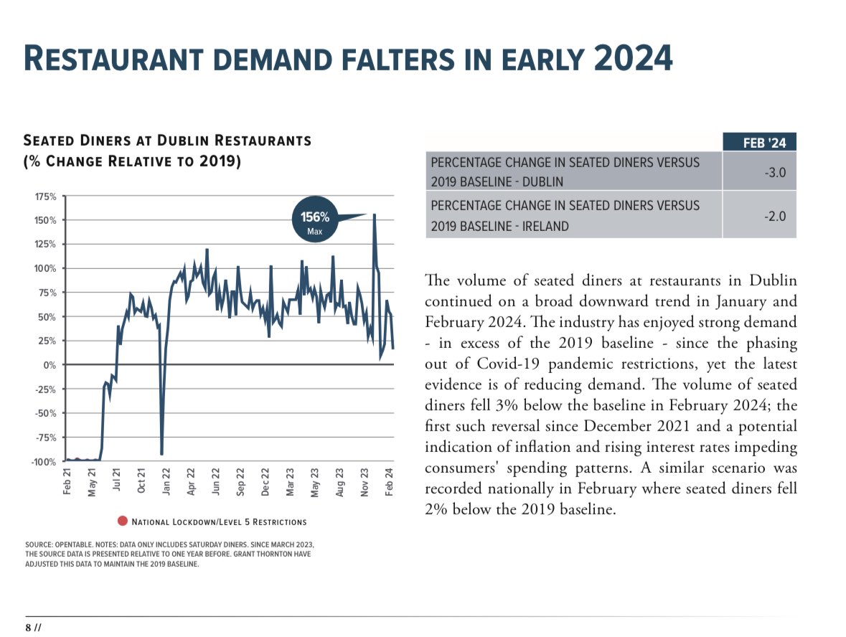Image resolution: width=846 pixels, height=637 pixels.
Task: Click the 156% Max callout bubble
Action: pos(314,222)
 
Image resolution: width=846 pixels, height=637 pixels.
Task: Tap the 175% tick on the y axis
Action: pos(47,196)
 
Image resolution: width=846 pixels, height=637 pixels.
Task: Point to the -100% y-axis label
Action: pos(44,461)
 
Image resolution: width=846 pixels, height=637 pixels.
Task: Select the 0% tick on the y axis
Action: pos(50,365)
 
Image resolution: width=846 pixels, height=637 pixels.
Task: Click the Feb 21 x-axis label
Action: pos(67,481)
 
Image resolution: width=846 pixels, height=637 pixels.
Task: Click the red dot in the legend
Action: pos(122,522)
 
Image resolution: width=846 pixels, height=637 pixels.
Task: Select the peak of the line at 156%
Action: pos(374,214)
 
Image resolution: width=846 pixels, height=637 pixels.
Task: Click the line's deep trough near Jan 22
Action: pos(161,454)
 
